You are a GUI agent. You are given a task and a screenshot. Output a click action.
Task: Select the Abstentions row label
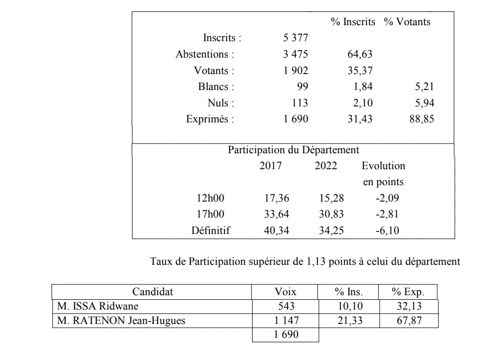pyautogui.click(x=205, y=55)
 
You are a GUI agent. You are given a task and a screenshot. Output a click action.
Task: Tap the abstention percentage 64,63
pyautogui.click(x=360, y=55)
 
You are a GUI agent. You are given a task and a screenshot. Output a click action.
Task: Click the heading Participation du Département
pyautogui.click(x=293, y=150)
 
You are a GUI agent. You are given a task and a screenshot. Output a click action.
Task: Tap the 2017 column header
pyautogui.click(x=271, y=167)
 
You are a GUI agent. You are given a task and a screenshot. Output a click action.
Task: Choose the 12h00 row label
pyautogui.click(x=211, y=199)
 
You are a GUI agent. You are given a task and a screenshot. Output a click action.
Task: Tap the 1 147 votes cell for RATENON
pyautogui.click(x=285, y=321)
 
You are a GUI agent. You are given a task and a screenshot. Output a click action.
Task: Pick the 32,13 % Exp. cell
pyautogui.click(x=407, y=307)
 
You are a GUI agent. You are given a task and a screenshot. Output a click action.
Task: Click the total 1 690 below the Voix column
pyautogui.click(x=285, y=335)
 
